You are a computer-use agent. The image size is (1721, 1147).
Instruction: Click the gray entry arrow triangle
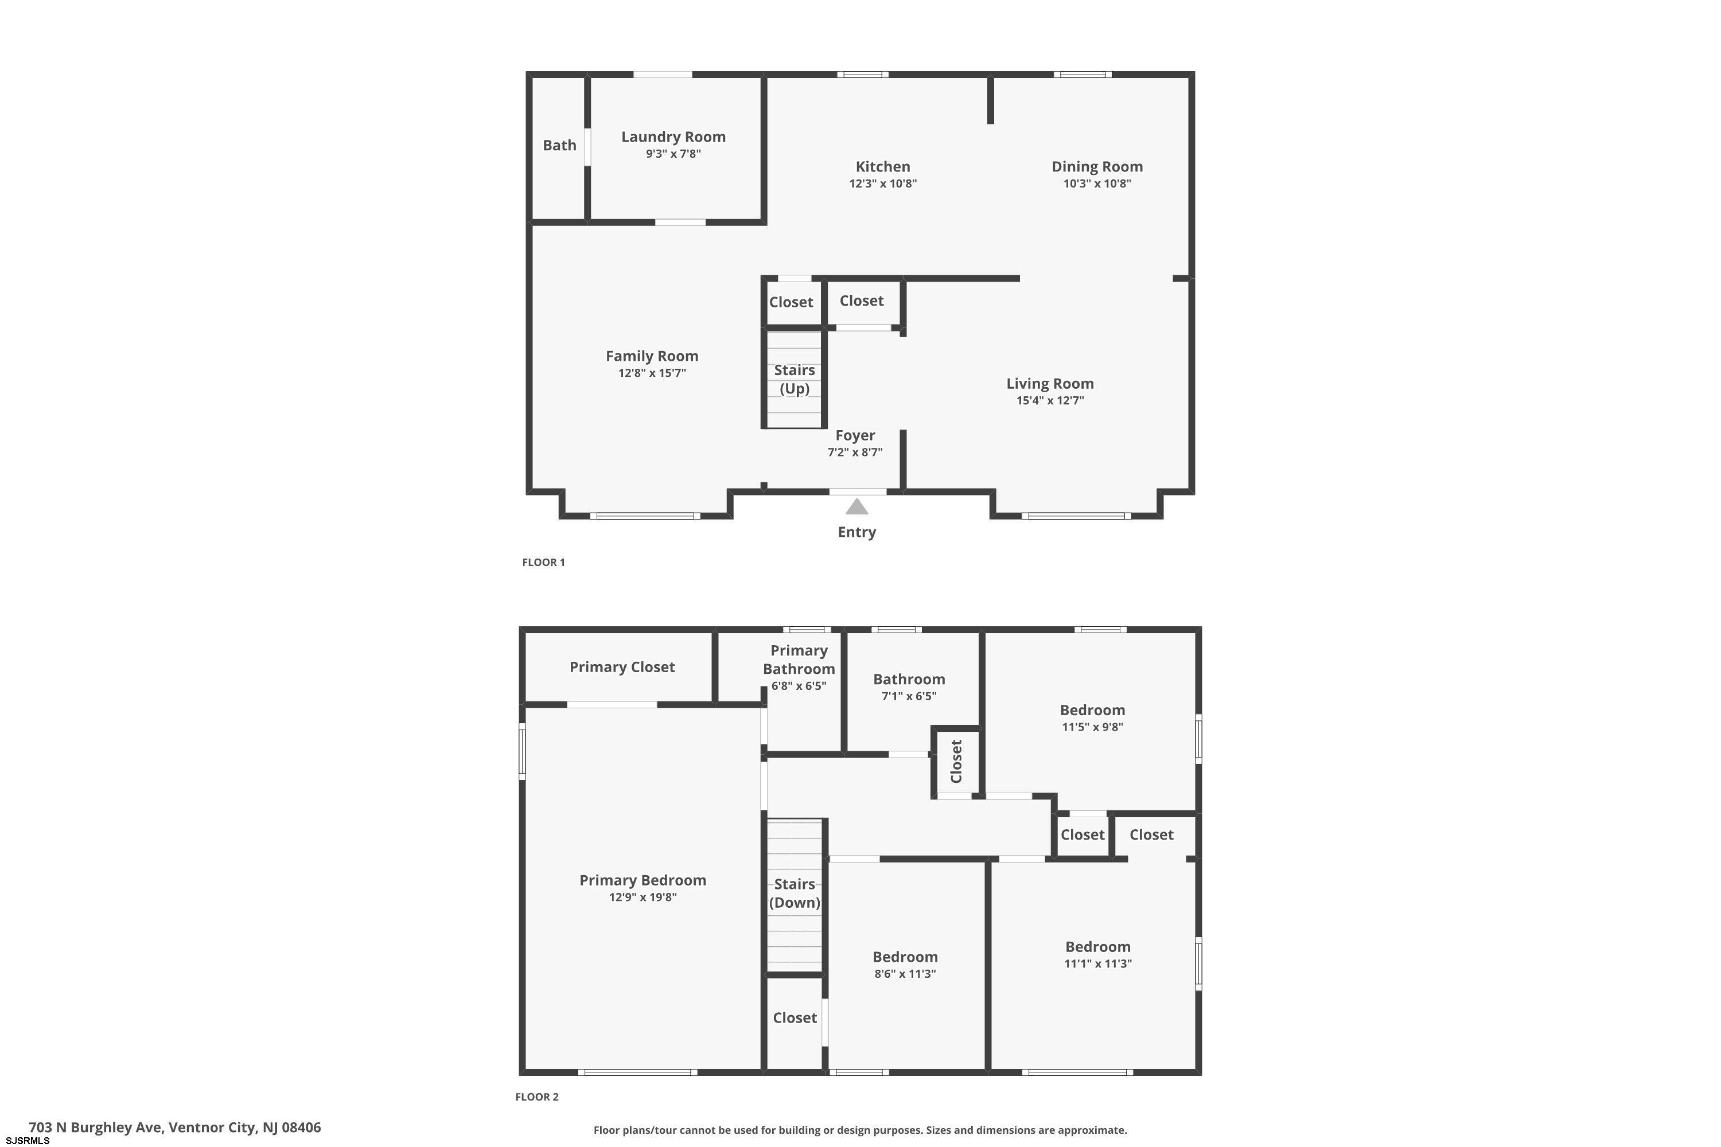pos(857,506)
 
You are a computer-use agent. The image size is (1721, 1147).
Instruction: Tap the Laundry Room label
pos(673,137)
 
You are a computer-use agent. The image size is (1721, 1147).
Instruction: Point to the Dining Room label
pos(1097,167)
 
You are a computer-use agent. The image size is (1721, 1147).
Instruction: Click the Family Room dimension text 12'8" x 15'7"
pos(652,373)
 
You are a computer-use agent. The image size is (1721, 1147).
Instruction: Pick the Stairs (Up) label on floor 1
pos(795,379)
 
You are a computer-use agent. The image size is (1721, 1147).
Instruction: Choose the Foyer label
pos(855,435)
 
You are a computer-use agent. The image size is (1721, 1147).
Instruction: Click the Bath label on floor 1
pos(560,145)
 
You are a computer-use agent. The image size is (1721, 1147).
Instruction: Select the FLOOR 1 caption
pos(544,563)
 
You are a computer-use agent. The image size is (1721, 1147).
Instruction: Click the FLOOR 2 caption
pos(537,1097)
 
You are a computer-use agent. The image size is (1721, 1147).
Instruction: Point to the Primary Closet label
pos(622,667)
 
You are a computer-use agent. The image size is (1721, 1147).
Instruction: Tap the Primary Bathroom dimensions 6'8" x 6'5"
pos(799,686)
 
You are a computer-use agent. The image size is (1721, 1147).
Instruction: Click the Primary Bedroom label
pos(643,881)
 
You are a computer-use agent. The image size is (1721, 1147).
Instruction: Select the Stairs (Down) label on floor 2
pos(795,893)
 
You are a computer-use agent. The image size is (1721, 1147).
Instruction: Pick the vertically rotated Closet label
pos(956,761)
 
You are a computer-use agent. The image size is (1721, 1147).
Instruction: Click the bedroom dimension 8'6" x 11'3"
pos(905,974)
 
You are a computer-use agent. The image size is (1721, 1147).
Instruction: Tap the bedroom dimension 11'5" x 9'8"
pos(1092,727)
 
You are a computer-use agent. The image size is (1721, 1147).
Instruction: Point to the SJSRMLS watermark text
pos(27,1141)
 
